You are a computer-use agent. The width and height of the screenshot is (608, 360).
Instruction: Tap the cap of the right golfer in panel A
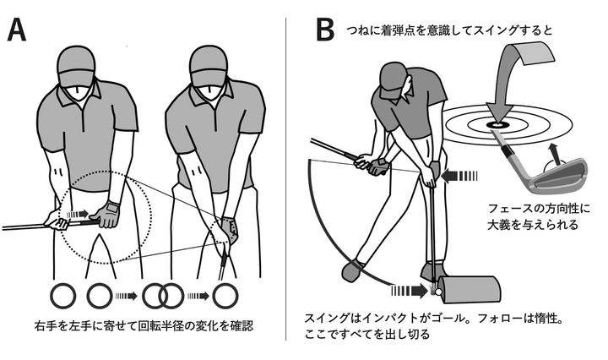[207, 62]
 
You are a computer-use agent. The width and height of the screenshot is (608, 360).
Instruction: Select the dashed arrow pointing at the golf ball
[411, 290]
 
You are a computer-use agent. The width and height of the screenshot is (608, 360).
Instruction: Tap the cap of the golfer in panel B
[394, 80]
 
